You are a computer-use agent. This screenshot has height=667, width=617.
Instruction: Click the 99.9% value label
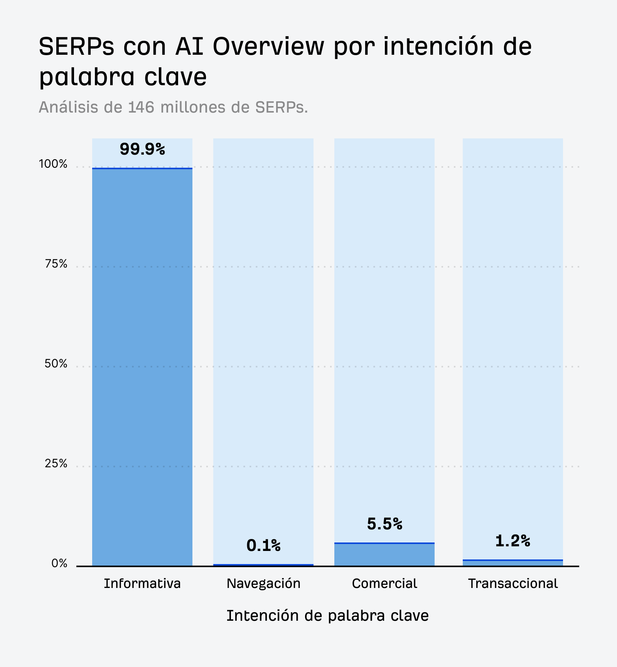pyautogui.click(x=142, y=149)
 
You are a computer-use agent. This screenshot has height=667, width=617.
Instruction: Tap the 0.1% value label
pyautogui.click(x=263, y=545)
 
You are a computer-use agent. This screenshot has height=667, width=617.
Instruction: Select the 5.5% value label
pyautogui.click(x=384, y=524)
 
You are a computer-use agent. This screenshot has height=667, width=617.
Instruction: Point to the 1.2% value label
pyautogui.click(x=512, y=541)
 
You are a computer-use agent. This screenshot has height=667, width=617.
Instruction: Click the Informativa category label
pyautogui.click(x=142, y=583)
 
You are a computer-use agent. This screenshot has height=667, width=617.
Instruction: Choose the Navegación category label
pyautogui.click(x=263, y=583)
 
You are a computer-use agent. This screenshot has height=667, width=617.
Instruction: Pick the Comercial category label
pyautogui.click(x=384, y=583)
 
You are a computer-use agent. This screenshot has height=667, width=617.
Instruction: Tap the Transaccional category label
pyautogui.click(x=513, y=583)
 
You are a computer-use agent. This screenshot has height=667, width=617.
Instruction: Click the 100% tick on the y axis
pyautogui.click(x=53, y=164)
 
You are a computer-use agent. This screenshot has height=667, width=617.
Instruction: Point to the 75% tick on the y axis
pyautogui.click(x=56, y=264)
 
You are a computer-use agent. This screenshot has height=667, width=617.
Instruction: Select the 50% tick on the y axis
pyautogui.click(x=56, y=364)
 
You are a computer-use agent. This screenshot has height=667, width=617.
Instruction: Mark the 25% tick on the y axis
pyautogui.click(x=56, y=463)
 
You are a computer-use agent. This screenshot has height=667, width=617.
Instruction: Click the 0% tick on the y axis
pyautogui.click(x=59, y=564)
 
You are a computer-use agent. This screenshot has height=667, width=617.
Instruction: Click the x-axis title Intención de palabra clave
pyautogui.click(x=327, y=616)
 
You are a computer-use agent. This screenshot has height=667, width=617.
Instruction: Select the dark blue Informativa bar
pyautogui.click(x=142, y=366)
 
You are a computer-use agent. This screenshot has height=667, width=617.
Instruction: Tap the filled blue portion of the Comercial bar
pyautogui.click(x=384, y=555)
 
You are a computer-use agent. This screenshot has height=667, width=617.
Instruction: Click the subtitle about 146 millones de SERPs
pyautogui.click(x=173, y=107)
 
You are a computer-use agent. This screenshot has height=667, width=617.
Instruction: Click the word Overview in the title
pyautogui.click(x=268, y=46)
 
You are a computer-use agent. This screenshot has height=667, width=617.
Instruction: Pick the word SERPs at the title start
pyautogui.click(x=77, y=46)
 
